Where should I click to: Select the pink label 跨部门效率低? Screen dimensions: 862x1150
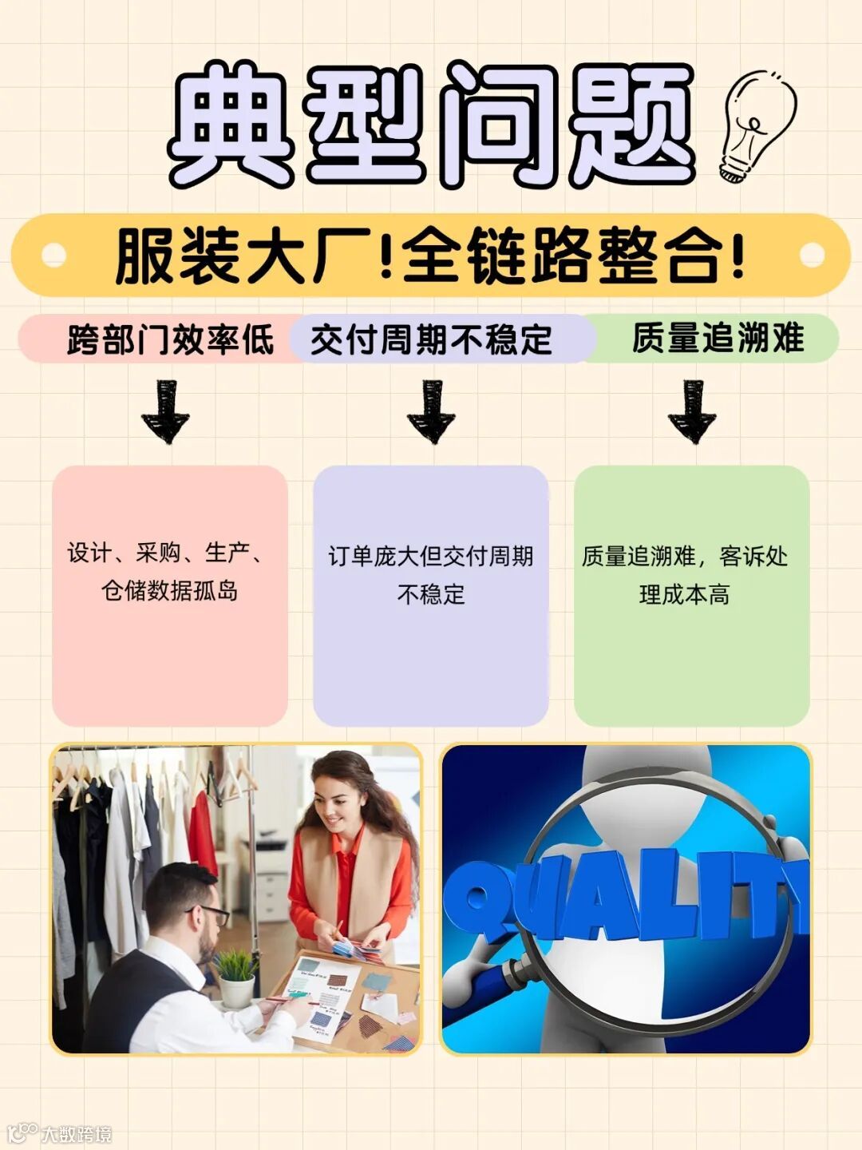170,339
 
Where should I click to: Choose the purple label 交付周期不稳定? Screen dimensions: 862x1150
431,339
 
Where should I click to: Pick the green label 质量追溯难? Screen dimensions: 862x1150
717,338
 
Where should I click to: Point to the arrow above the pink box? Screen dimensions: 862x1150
165,411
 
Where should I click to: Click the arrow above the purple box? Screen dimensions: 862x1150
431,411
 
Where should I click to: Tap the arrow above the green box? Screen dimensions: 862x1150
692,411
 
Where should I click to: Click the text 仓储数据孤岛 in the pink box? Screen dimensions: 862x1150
169,591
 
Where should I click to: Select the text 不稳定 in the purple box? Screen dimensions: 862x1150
431,594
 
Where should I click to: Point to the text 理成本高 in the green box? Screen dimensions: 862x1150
684,594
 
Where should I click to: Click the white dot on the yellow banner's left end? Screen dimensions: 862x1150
53,256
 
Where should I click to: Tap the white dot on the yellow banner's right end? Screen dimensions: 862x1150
812,256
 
